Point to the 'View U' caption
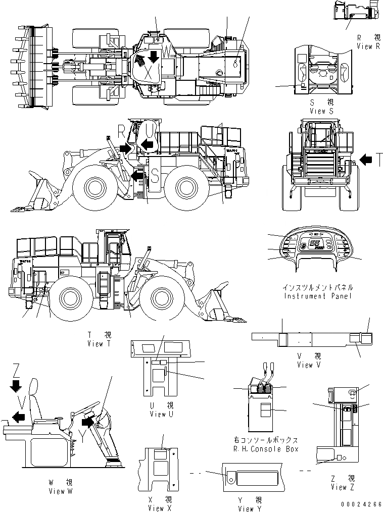point(158,414)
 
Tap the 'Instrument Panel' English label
point(318,296)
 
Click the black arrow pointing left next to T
point(365,161)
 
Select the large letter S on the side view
point(156,176)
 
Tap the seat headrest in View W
point(34,388)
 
